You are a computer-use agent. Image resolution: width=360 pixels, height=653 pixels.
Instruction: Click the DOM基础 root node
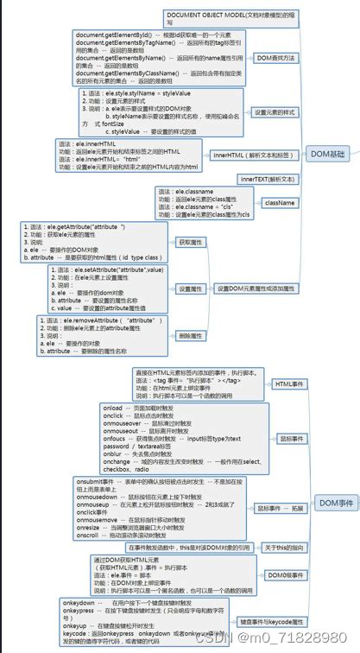click(332, 153)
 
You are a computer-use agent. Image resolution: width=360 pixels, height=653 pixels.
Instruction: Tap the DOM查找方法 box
click(276, 58)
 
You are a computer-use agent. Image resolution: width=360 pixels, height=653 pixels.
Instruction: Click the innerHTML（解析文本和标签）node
click(256, 155)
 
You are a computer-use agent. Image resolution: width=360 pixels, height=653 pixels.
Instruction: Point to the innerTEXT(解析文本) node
click(268, 179)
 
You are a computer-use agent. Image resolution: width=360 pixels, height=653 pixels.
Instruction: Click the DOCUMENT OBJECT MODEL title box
click(223, 17)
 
